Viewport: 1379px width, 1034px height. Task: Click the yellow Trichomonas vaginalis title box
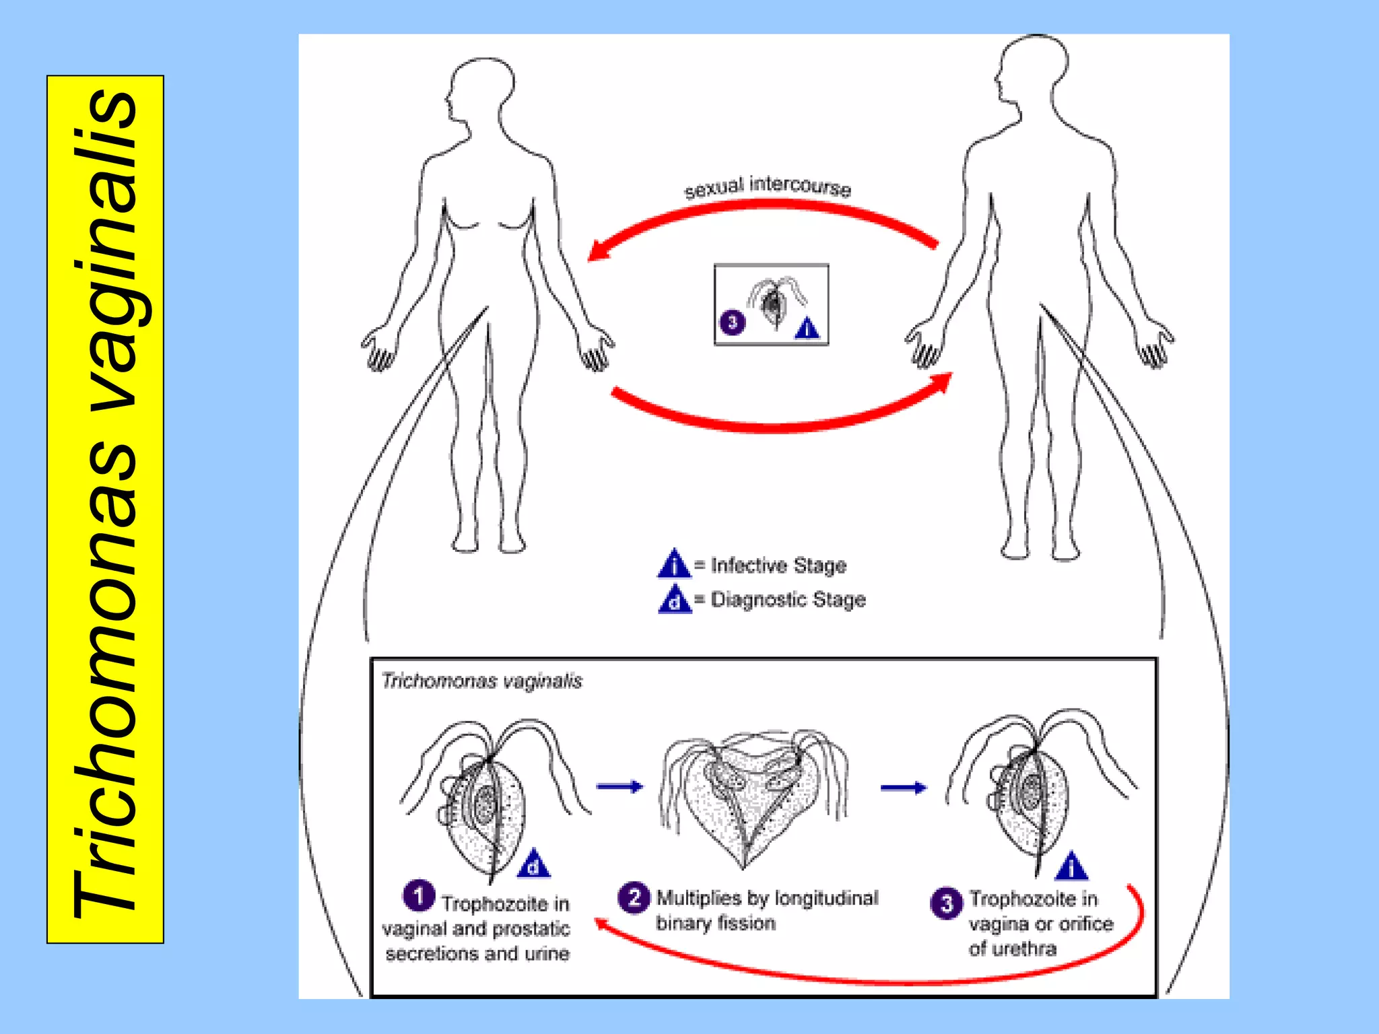click(105, 509)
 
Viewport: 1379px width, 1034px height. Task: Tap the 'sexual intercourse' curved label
click(768, 186)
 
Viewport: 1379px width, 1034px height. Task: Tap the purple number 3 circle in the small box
click(733, 322)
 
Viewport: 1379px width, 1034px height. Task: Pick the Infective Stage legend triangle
click(674, 564)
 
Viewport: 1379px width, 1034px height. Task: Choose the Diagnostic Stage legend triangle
click(675, 599)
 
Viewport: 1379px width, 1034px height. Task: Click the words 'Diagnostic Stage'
click(788, 599)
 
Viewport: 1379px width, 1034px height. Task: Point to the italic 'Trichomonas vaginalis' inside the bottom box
click(481, 681)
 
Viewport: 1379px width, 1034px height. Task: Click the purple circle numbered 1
click(418, 896)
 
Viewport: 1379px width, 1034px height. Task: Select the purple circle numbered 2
click(634, 897)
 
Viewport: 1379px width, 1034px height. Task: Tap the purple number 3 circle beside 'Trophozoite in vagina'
click(946, 903)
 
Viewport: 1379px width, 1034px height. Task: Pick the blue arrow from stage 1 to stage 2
click(619, 786)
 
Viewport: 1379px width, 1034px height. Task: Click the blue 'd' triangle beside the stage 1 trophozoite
click(533, 864)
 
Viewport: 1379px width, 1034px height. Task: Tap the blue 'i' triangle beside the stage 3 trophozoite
click(1072, 868)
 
